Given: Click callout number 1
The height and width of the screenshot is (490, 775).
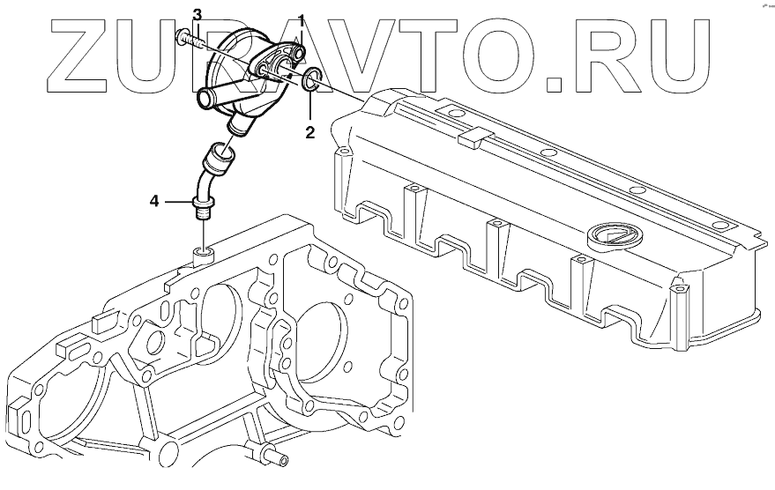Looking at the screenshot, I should coord(302,19).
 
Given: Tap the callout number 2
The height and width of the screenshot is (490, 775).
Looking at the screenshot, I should coord(310,133).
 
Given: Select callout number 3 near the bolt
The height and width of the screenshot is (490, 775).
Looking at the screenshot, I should coord(197,14).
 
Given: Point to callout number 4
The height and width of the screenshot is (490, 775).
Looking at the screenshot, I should coord(154,202).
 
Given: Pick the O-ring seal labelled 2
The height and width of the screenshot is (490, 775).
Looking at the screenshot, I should coord(311,84).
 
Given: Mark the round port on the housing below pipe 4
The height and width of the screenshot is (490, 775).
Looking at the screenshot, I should coord(203,255).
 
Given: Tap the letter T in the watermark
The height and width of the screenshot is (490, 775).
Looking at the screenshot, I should coord(433,57).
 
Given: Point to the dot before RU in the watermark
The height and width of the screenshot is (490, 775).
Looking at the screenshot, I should coord(555,85).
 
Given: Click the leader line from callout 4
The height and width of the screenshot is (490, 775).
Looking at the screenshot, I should coord(176,202).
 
